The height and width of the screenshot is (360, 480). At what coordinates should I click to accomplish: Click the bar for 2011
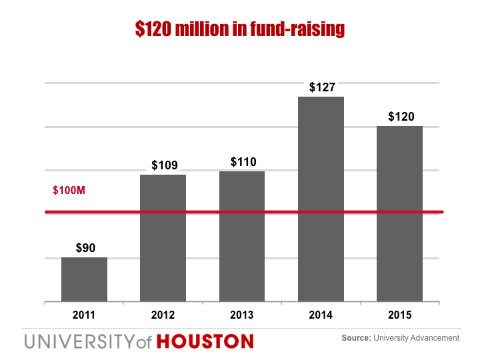pyautogui.click(x=84, y=279)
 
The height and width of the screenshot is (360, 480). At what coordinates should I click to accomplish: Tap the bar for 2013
pyautogui.click(x=242, y=237)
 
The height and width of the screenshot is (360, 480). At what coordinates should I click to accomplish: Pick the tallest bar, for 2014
pyautogui.click(x=321, y=199)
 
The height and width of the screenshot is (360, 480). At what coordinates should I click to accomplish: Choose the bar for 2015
pyautogui.click(x=399, y=213)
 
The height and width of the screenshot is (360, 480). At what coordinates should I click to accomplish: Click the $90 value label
pyautogui.click(x=85, y=248)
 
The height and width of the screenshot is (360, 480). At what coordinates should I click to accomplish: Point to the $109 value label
pyautogui.click(x=164, y=165)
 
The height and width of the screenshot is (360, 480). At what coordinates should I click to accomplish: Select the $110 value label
pyautogui.click(x=243, y=162)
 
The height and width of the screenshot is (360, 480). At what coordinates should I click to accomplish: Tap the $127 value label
pyautogui.click(x=322, y=87)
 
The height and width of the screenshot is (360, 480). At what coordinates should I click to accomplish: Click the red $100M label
pyautogui.click(x=69, y=191)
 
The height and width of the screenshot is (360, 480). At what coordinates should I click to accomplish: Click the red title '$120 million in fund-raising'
pyautogui.click(x=239, y=29)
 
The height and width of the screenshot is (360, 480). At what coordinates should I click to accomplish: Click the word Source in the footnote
pyautogui.click(x=355, y=339)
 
